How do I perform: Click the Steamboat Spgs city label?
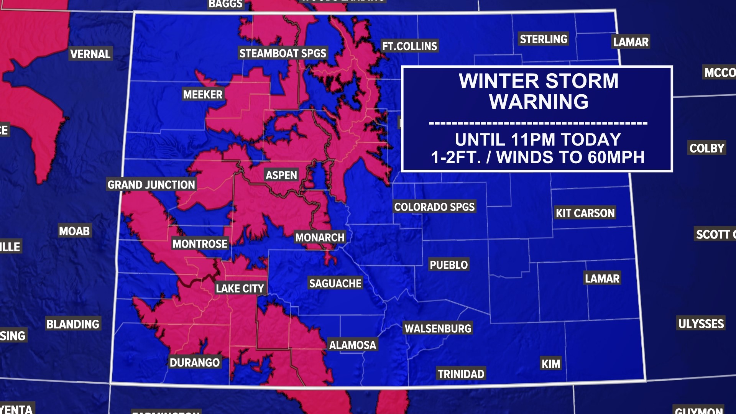(283, 53)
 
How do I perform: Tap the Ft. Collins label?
(409, 46)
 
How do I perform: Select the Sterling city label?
(543, 39)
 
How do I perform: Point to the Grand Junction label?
(151, 185)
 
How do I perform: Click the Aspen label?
(281, 175)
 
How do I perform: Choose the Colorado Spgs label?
(434, 207)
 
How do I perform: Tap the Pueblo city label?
(449, 265)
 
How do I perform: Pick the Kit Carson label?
(585, 213)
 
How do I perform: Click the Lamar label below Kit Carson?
(602, 279)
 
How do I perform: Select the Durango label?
(194, 363)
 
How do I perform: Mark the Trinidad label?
(461, 374)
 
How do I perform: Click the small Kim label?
(550, 364)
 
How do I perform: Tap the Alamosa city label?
(352, 345)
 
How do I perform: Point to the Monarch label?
(320, 238)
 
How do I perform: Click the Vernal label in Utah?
(90, 54)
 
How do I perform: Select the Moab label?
(74, 231)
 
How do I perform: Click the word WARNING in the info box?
(539, 102)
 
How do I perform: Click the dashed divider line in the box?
(538, 123)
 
